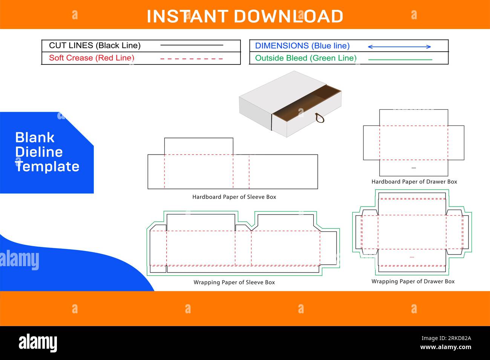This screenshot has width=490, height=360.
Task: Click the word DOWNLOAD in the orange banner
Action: click(288, 16)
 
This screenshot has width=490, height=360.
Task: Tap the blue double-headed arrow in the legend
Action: click(400, 47)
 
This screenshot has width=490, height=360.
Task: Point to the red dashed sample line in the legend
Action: click(191, 59)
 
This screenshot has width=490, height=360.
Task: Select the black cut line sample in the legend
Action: click(191, 45)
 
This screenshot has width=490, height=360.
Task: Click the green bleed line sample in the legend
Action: click(400, 60)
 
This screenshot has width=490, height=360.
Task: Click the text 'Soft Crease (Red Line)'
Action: click(92, 58)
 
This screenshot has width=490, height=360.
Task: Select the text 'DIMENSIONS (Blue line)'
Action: click(302, 46)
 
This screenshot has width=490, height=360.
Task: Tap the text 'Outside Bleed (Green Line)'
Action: click(306, 58)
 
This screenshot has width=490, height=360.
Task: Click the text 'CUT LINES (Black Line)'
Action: click(95, 46)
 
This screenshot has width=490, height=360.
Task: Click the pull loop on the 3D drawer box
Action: click(320, 118)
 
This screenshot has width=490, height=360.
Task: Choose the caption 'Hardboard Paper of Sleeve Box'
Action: click(234, 197)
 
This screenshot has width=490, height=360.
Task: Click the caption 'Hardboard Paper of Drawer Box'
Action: click(414, 182)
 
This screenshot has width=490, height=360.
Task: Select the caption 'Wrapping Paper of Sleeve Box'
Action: click(234, 282)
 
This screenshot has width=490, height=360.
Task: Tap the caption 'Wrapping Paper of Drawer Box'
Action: click(413, 281)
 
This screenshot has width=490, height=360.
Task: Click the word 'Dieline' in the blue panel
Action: click(39, 152)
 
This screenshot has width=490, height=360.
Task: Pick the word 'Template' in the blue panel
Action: click(47, 167)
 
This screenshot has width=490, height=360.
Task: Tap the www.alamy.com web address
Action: click(446, 347)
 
